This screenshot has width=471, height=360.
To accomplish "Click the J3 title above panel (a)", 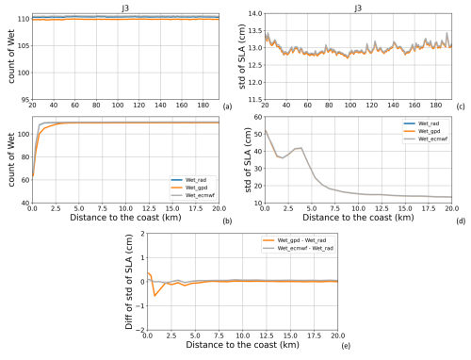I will point(125,7).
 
